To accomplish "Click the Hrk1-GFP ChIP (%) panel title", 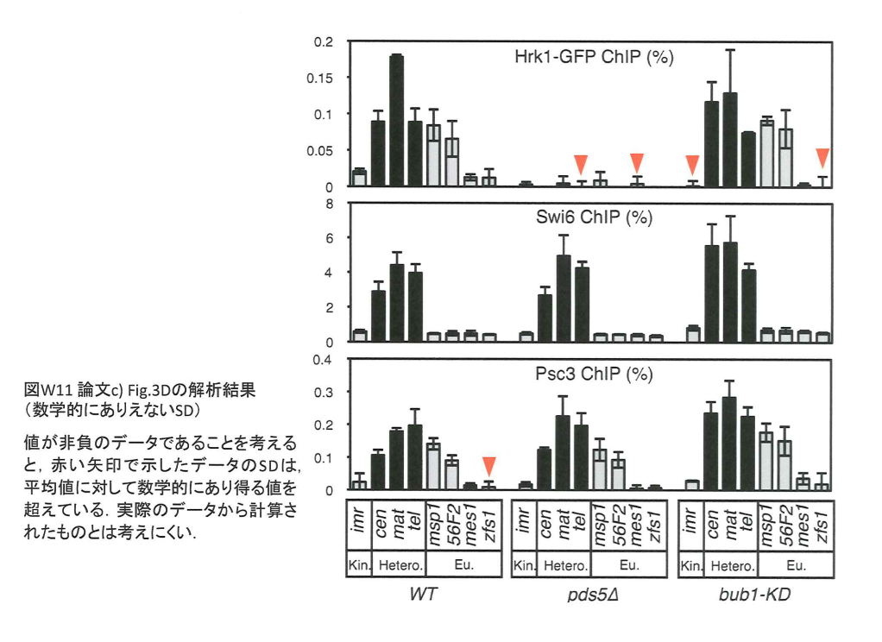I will pyautogui.click(x=593, y=58).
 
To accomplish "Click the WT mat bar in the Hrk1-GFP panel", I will pyautogui.click(x=397, y=121).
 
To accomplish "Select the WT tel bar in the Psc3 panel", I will pyautogui.click(x=415, y=456).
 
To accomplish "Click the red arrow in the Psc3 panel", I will pyautogui.click(x=489, y=465).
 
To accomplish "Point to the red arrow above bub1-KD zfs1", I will pyautogui.click(x=822, y=157).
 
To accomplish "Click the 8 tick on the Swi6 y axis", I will pyautogui.click(x=329, y=204).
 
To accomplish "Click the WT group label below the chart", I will pyautogui.click(x=420, y=596).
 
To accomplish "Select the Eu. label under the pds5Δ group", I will pyautogui.click(x=630, y=566).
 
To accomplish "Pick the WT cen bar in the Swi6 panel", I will pyautogui.click(x=378, y=316).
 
